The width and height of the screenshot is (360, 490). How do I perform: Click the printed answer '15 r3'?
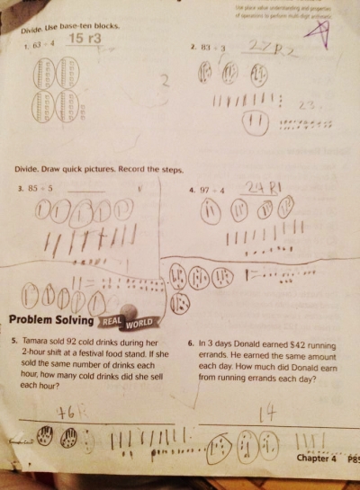[x=85, y=40]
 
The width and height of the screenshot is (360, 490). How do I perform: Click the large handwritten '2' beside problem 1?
[x=165, y=84]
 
